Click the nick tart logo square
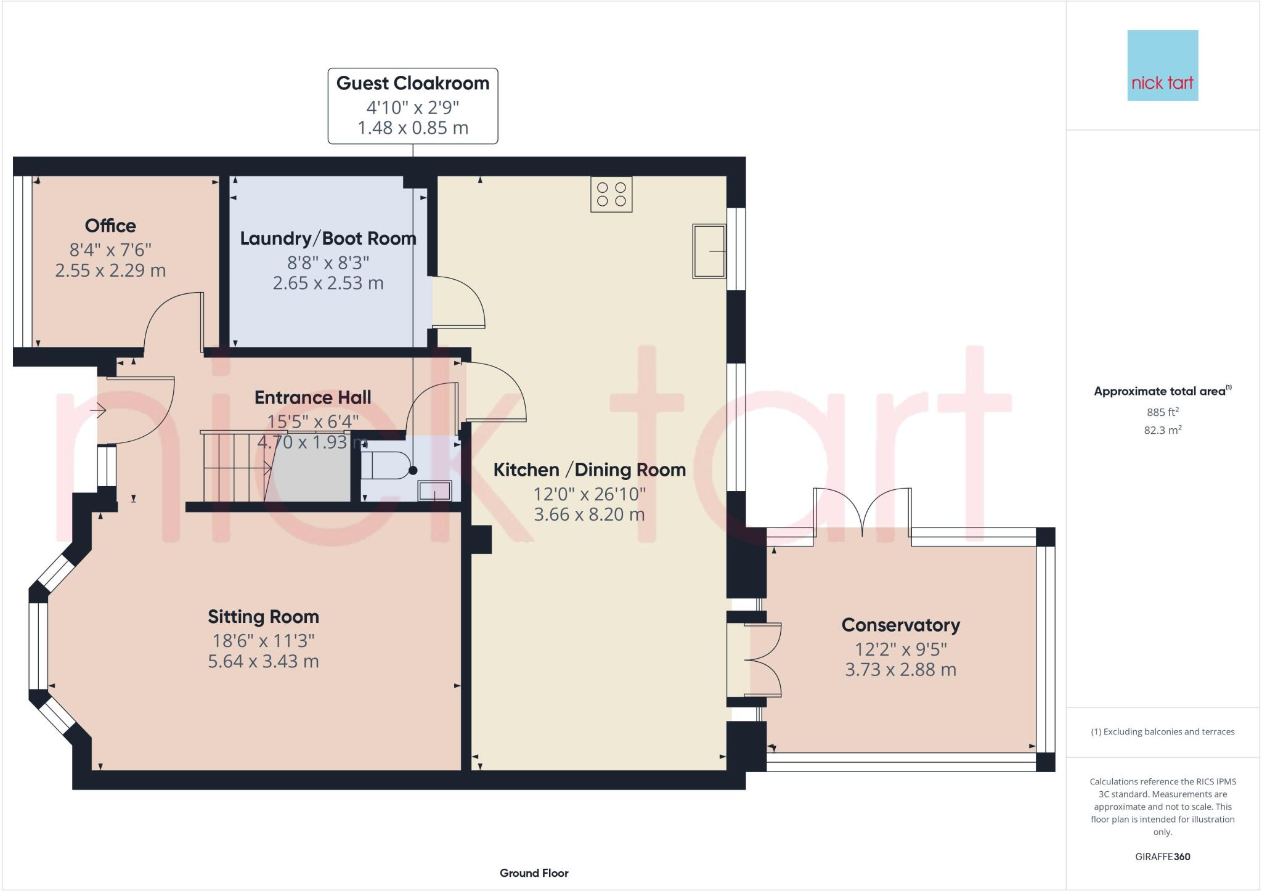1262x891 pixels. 1162,65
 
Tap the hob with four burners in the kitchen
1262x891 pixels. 611,195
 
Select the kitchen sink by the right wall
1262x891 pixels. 709,251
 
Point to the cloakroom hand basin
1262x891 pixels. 435,491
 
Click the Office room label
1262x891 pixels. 110,226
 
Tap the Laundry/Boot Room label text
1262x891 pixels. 328,238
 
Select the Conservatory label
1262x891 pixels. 900,625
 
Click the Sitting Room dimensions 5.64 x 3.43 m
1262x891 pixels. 263,661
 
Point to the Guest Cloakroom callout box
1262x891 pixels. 412,106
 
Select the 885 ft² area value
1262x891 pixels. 1162,412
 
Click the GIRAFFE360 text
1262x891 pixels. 1162,856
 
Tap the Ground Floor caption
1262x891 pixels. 534,873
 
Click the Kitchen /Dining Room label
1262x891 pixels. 589,470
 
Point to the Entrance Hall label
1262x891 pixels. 312,397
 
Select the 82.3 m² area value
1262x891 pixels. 1162,430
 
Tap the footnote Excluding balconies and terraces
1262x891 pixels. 1162,732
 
